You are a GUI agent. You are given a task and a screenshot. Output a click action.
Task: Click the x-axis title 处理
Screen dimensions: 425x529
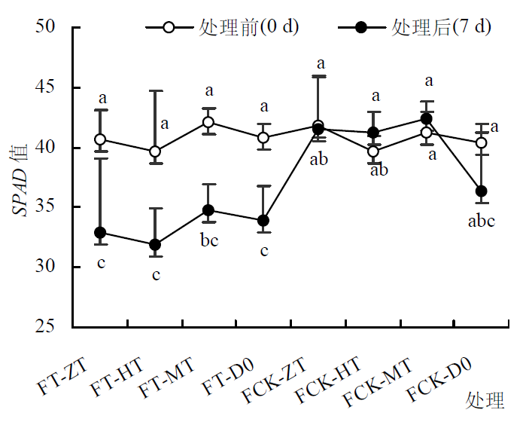(x=484, y=399)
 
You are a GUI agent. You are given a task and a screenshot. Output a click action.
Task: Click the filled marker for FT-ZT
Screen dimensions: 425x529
(x=100, y=233)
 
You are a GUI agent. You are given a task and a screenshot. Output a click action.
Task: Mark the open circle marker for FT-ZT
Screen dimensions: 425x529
(x=100, y=139)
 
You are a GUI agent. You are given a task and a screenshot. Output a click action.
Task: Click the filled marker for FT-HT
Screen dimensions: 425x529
(x=155, y=245)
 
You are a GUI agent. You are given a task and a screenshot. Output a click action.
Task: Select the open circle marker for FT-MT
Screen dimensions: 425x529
(x=208, y=122)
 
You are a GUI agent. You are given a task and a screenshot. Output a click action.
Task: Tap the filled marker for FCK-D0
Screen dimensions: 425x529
(x=482, y=191)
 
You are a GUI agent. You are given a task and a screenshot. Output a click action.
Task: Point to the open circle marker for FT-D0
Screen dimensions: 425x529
(x=263, y=138)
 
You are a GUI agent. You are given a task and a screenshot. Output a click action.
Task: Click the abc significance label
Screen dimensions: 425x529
(x=481, y=222)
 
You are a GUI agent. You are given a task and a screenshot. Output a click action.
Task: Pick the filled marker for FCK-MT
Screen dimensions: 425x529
(x=427, y=119)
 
